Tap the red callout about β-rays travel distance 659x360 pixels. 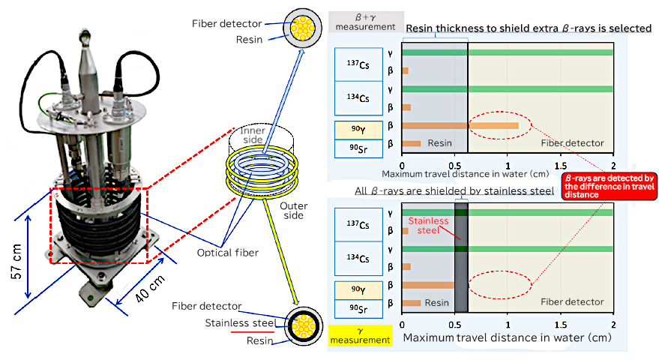coord(607,185)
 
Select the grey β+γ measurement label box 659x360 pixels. coord(366,22)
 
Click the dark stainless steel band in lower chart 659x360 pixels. coord(461,256)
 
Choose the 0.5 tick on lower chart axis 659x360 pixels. coord(454,325)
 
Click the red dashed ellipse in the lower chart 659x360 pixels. coord(499,285)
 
